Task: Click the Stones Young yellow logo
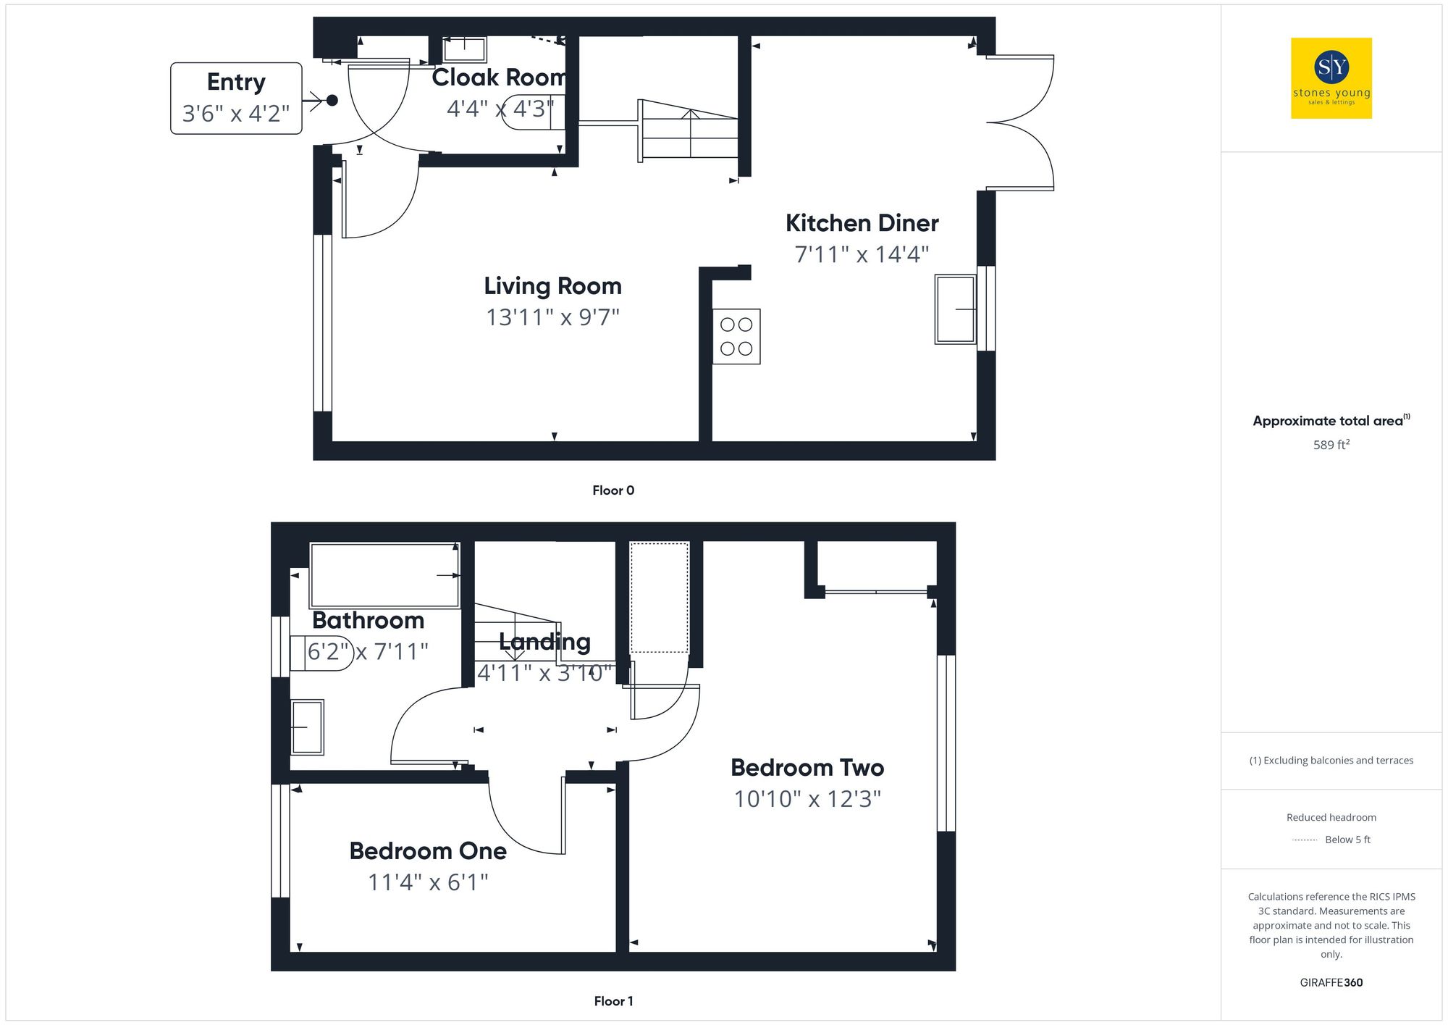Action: tap(1331, 78)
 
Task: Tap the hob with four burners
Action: tap(736, 336)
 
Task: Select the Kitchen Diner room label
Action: tap(862, 223)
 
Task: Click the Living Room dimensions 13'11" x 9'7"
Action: tap(552, 317)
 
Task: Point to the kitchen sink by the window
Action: tap(955, 309)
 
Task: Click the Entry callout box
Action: tap(236, 98)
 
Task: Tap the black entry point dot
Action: tap(332, 101)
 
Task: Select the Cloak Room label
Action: tap(498, 78)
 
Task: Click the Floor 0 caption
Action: tap(613, 490)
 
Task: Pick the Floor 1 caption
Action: tap(613, 1001)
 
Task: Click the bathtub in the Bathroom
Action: tap(384, 575)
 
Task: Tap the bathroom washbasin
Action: tap(307, 727)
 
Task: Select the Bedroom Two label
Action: tap(807, 768)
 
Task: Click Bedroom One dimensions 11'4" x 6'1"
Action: tap(428, 882)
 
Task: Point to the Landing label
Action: tap(544, 642)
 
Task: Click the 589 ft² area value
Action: tap(1331, 445)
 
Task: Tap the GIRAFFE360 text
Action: tap(1331, 983)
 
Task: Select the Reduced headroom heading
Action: tap(1331, 817)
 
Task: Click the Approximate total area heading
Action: tap(1328, 421)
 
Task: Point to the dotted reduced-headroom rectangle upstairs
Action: tap(659, 598)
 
